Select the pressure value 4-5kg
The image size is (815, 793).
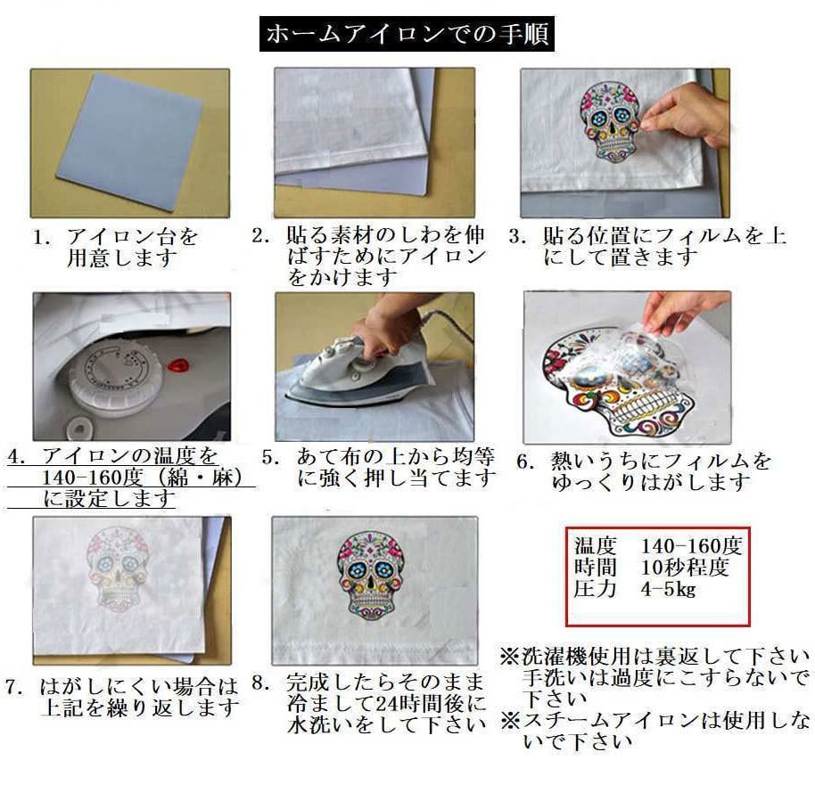(669, 589)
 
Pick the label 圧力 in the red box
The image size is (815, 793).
(596, 589)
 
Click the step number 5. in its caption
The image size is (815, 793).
(272, 457)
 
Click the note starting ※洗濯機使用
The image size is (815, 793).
(655, 658)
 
